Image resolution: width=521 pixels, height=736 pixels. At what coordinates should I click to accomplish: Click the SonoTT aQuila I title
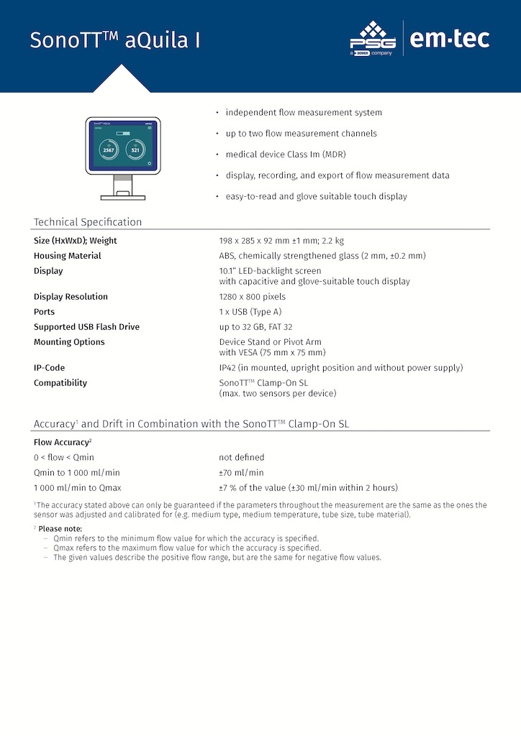pyautogui.click(x=115, y=41)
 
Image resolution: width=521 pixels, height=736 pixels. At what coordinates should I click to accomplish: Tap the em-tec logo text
pyautogui.click(x=450, y=38)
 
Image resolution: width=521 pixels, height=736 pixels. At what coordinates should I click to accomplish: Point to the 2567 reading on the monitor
pyautogui.click(x=108, y=149)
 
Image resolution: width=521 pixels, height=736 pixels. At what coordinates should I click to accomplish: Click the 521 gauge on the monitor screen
pyautogui.click(x=135, y=149)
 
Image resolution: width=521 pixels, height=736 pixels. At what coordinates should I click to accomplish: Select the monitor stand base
pyautogui.click(x=123, y=196)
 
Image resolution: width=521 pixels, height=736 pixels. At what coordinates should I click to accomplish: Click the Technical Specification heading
pyautogui.click(x=88, y=222)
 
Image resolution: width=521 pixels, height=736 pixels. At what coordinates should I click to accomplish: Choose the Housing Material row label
pyautogui.click(x=68, y=256)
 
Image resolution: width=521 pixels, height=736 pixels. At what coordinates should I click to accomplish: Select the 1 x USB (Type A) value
pyautogui.click(x=250, y=312)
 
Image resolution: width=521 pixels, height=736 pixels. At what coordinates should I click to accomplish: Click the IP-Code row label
pyautogui.click(x=50, y=368)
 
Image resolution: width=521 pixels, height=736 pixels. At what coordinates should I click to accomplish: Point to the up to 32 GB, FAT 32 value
pyautogui.click(x=255, y=327)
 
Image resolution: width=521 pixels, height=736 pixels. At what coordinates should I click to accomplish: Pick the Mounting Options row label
pyautogui.click(x=69, y=342)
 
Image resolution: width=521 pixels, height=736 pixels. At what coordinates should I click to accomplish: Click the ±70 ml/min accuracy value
pyautogui.click(x=241, y=473)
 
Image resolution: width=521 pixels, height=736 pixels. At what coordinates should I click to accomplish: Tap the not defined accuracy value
pyautogui.click(x=242, y=457)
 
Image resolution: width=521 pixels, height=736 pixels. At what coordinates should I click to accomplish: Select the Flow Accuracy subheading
pyautogui.click(x=63, y=442)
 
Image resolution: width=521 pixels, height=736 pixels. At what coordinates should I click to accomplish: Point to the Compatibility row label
pyautogui.click(x=60, y=383)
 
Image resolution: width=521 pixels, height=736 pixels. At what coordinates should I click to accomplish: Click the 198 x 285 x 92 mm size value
pyautogui.click(x=281, y=241)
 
